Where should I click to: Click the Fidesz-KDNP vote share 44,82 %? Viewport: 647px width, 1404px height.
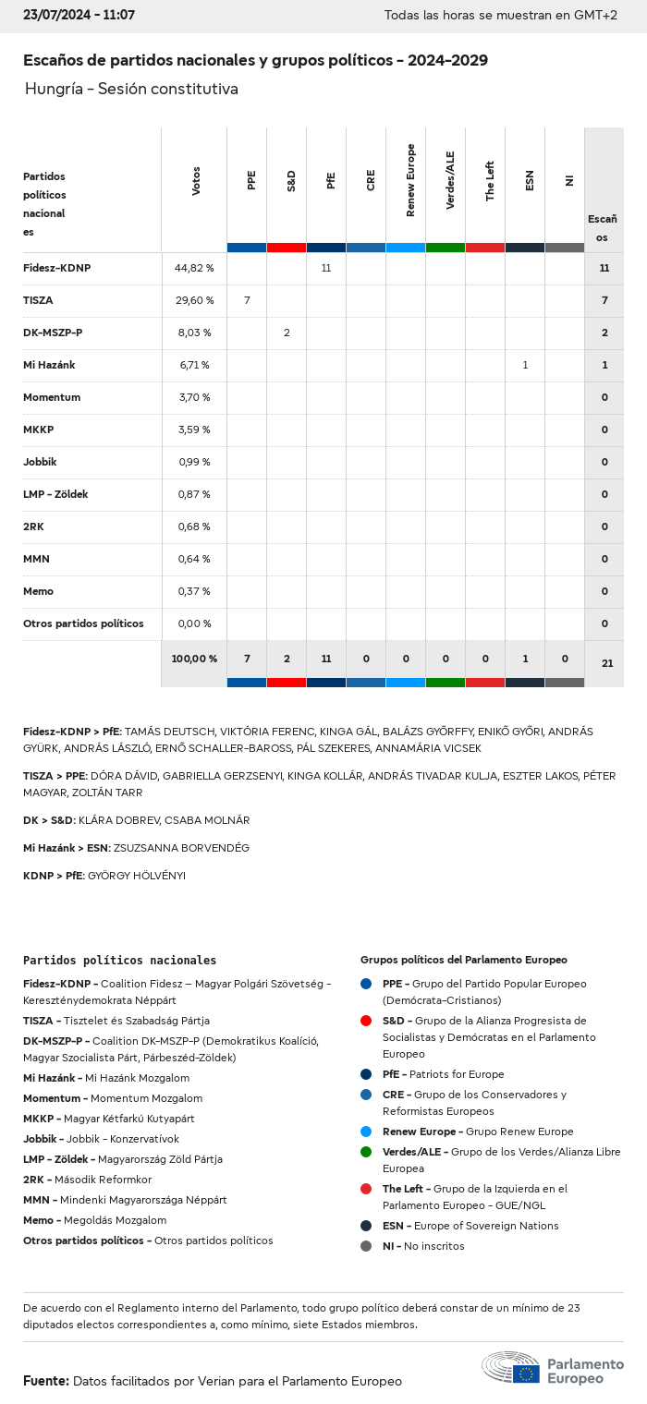[x=194, y=268]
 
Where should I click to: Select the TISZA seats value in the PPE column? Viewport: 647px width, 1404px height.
[x=247, y=300]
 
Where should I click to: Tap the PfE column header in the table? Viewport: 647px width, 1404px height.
[x=331, y=180]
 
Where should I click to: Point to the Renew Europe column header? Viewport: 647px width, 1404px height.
[x=410, y=180]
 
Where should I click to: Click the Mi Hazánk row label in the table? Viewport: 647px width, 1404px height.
[x=49, y=365]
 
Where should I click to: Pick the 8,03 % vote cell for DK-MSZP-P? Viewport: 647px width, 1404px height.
[x=194, y=333]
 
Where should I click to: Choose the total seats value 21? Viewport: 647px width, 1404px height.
[x=606, y=663]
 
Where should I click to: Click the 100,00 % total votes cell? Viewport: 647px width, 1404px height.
[x=194, y=659]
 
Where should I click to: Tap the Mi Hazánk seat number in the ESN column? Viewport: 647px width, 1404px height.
[x=525, y=365]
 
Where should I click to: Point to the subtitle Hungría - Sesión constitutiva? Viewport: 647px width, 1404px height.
[x=131, y=90]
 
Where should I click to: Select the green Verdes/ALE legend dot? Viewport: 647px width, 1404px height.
[x=366, y=1152]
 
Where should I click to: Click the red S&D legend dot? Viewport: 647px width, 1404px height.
[x=366, y=1021]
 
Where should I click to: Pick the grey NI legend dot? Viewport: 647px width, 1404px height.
[x=366, y=1246]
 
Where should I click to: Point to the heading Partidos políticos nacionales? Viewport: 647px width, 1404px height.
[x=119, y=961]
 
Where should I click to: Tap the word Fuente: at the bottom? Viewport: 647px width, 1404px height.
[x=46, y=1381]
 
